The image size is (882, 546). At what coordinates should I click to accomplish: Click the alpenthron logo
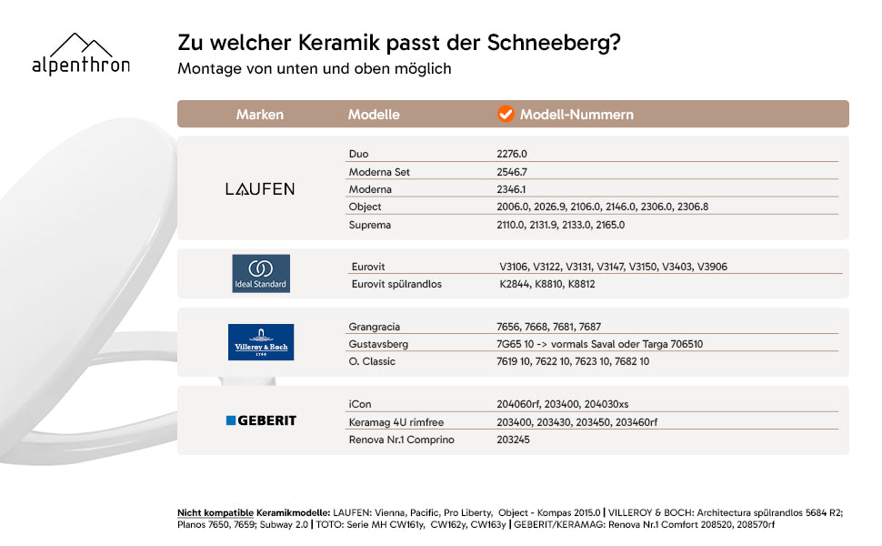[x=81, y=55]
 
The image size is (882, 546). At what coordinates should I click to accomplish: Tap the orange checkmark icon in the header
[x=506, y=114]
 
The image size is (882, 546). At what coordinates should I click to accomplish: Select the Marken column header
[x=259, y=115]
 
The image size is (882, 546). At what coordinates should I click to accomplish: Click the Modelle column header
[x=374, y=115]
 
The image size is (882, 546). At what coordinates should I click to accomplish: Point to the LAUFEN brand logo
[x=260, y=188]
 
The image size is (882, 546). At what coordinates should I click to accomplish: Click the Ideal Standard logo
[x=261, y=273]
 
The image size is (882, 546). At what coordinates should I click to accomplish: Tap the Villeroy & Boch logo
[x=261, y=341]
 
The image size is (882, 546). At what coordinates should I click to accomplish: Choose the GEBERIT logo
[x=261, y=420]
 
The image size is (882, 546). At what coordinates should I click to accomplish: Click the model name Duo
[x=358, y=154]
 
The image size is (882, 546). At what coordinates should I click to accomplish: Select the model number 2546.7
[x=512, y=172]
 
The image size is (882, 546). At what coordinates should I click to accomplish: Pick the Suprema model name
[x=369, y=225]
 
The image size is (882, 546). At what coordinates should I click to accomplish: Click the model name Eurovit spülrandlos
[x=396, y=284]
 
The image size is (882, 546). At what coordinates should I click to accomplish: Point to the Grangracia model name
[x=374, y=327]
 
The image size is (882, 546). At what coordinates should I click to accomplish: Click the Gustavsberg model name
[x=378, y=344]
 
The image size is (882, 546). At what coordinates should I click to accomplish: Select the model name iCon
[x=360, y=404]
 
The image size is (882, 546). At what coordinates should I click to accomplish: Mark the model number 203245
[x=513, y=440]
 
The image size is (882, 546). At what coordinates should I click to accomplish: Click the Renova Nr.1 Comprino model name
[x=402, y=440]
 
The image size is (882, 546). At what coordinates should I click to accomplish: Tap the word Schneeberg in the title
[x=554, y=43]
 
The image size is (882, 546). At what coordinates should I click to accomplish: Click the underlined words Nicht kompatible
[x=215, y=513]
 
